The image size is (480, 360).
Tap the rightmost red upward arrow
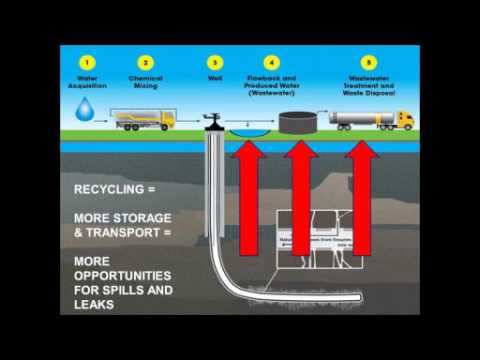[x=364, y=200]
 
